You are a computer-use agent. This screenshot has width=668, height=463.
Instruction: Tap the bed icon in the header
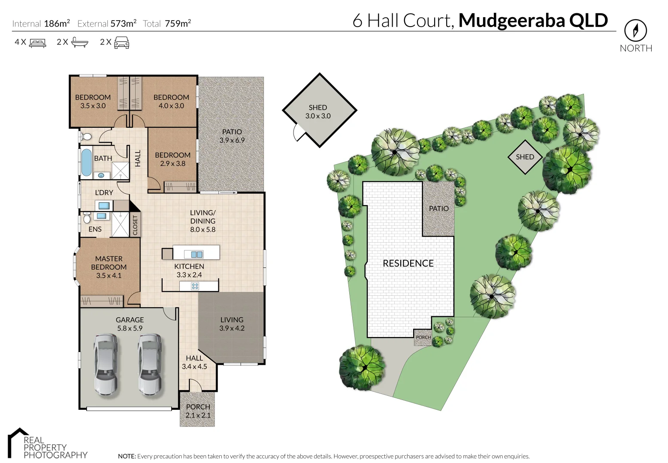click(x=37, y=42)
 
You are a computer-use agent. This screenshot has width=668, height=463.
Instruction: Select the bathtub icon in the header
click(x=80, y=42)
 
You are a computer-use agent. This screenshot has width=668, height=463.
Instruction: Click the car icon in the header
click(x=121, y=42)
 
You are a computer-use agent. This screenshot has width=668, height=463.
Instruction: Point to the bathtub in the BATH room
click(x=87, y=162)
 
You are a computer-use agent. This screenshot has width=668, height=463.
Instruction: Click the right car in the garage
click(x=149, y=364)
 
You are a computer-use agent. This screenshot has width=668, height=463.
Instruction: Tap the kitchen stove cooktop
click(x=195, y=286)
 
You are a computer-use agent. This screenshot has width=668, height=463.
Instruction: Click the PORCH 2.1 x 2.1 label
click(x=198, y=411)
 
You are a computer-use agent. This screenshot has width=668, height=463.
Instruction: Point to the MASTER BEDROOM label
click(x=109, y=263)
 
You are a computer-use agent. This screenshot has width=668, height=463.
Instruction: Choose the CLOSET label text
click(x=135, y=225)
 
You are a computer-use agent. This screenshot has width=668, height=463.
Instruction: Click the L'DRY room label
click(x=104, y=192)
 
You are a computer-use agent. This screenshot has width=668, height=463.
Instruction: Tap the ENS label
click(x=95, y=229)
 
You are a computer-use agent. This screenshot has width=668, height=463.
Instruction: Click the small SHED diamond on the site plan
click(x=525, y=157)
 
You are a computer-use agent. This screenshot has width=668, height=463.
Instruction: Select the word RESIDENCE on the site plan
click(x=408, y=263)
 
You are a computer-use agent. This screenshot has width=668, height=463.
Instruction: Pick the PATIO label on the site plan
click(x=438, y=208)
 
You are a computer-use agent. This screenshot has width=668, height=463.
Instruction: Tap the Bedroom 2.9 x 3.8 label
click(x=172, y=159)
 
